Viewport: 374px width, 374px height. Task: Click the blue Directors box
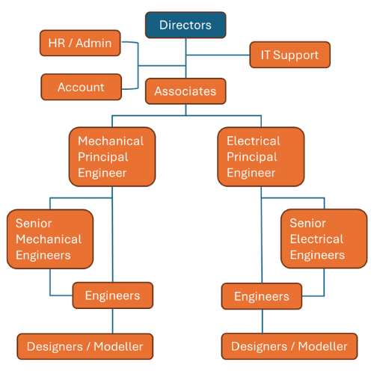[x=186, y=25]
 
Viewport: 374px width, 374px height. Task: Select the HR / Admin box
[x=80, y=43]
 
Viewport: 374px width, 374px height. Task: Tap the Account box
[x=82, y=87]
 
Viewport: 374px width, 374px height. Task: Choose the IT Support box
[x=290, y=55]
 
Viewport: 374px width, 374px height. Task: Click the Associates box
[x=186, y=91]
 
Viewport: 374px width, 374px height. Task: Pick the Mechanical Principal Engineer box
[x=112, y=157]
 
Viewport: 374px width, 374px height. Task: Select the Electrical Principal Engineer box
[x=261, y=157]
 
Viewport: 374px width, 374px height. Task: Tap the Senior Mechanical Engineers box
[x=50, y=239]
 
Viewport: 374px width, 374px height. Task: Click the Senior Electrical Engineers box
[x=324, y=239]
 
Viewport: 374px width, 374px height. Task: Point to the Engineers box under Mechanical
[x=113, y=295]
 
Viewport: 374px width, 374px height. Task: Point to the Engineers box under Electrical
[x=262, y=296]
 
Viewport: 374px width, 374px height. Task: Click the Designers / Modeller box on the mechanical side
[x=85, y=346]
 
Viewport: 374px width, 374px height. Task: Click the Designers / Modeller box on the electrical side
[x=289, y=346]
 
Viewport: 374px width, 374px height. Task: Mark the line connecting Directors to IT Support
[x=218, y=55]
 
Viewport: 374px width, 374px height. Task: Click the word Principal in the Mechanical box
[x=103, y=157]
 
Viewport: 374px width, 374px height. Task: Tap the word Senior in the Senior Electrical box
[x=307, y=223]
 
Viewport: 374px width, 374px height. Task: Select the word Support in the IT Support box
[x=295, y=55]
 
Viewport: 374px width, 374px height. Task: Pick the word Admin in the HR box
[x=93, y=43]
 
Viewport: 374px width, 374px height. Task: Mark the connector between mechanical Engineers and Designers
[x=112, y=321]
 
